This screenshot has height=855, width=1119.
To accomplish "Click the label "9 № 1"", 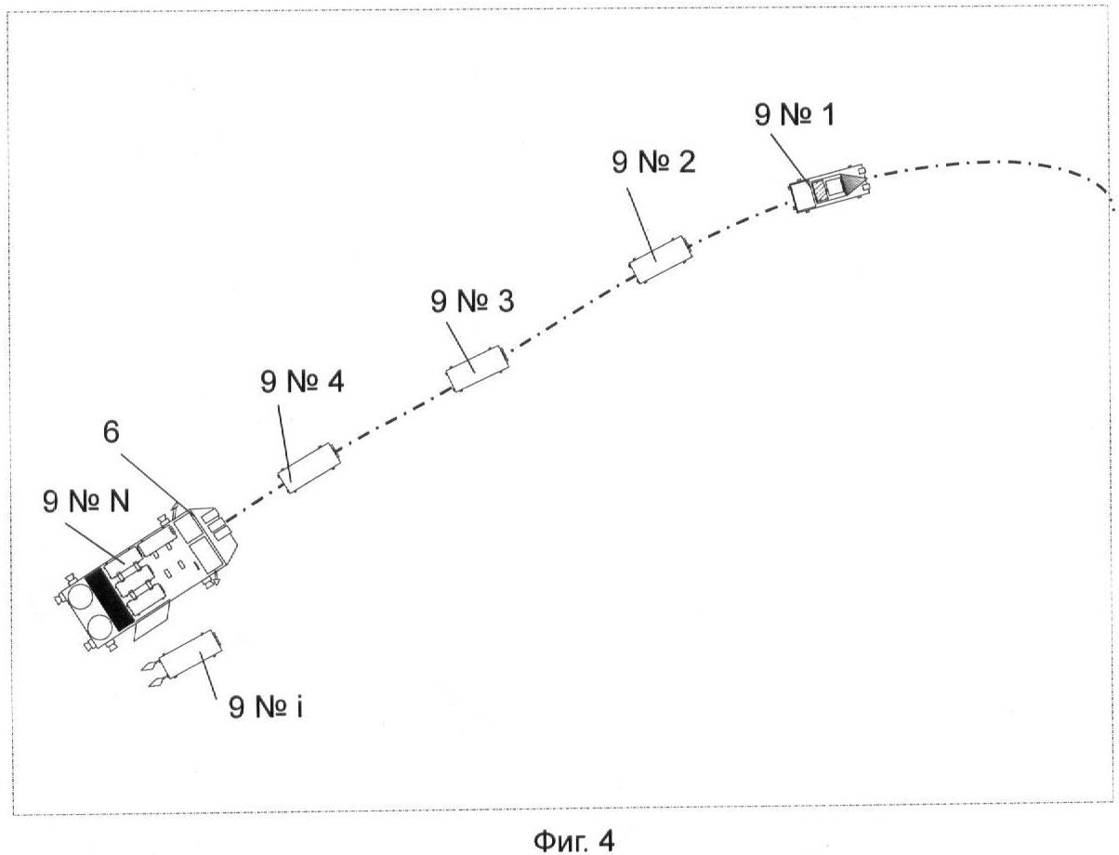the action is (794, 114).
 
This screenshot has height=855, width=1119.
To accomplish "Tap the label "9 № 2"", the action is (653, 162).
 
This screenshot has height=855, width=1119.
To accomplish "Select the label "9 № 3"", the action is (472, 301).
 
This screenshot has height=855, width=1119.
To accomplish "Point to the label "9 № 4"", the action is (302, 381).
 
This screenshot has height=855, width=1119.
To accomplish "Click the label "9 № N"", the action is (86, 501).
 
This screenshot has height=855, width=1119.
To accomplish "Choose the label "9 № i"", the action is (265, 706).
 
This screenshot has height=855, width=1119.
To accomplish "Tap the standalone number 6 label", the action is (112, 431).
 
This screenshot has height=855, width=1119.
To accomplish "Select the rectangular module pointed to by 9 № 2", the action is (661, 259).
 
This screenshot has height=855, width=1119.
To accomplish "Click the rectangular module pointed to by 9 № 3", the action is (477, 369).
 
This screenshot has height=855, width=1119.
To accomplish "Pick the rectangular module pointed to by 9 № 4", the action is (309, 468).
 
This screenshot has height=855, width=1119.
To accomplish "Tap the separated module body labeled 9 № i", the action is (191, 655).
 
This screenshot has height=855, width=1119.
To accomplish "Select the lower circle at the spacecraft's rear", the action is (100, 629).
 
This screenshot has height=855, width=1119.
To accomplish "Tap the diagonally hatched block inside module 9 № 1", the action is (821, 191).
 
